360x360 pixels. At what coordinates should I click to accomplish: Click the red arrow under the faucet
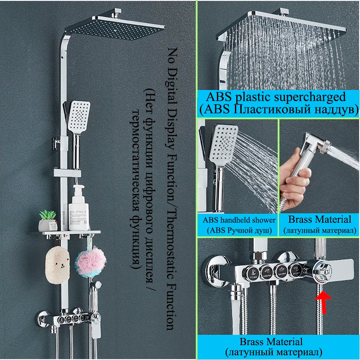[323, 300]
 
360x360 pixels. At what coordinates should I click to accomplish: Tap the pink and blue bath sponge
[90, 261]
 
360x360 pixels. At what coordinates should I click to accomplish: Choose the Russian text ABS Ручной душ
[239, 230]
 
